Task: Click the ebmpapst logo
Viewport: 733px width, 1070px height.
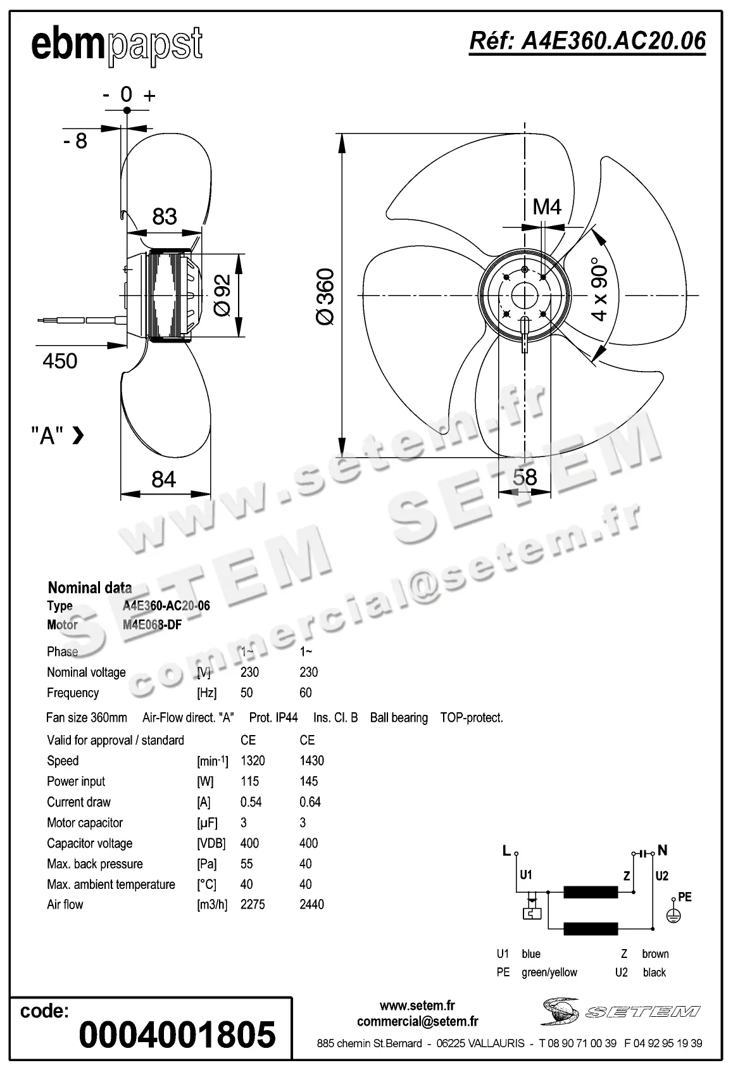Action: [x=117, y=46]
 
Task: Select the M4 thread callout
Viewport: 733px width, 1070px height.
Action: [x=547, y=206]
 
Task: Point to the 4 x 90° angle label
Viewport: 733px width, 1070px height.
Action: [x=599, y=289]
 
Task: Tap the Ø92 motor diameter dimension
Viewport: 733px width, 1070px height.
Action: [x=222, y=296]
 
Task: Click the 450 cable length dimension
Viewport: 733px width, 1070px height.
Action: [x=60, y=361]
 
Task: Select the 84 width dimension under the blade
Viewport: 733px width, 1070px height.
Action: [x=164, y=479]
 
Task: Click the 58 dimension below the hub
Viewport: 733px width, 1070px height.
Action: [x=525, y=477]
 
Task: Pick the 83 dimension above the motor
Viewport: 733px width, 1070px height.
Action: [x=165, y=217]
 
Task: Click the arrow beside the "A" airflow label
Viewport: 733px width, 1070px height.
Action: [x=78, y=435]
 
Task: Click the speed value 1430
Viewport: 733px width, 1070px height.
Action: [x=311, y=760]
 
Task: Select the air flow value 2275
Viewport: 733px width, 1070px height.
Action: [x=253, y=904]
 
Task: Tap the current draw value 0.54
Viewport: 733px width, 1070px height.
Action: [x=251, y=802]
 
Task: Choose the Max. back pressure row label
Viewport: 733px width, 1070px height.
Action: [x=95, y=864]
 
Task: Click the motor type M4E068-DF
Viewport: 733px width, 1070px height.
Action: [x=152, y=625]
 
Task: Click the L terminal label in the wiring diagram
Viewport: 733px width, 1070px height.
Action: [x=506, y=851]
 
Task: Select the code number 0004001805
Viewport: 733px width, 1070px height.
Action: [x=177, y=1034]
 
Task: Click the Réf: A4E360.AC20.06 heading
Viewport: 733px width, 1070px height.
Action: [x=587, y=41]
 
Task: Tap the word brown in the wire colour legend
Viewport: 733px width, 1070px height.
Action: [x=655, y=954]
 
